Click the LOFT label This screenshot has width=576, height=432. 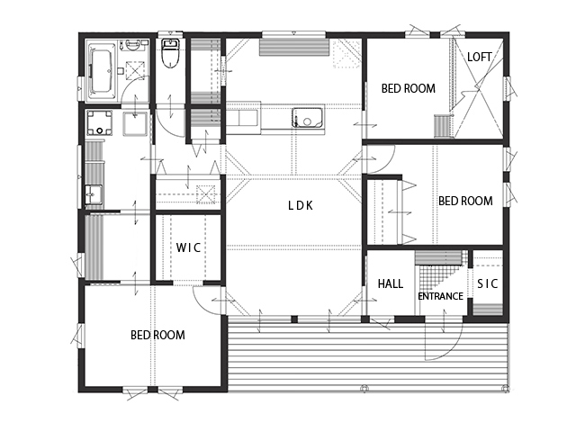pos(480,57)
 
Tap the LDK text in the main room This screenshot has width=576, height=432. pos(301,206)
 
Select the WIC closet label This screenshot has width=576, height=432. pos(188,247)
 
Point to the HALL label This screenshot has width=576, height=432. pos(391,283)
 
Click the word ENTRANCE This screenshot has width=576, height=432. pos(440,296)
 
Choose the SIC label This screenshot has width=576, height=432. pos(488,283)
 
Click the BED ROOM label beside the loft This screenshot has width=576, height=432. pos(408,88)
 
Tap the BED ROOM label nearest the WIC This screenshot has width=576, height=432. pos(158,335)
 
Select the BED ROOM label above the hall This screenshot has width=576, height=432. pos(465,201)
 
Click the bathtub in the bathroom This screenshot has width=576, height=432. pos(102,71)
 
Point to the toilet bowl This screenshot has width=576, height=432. pos(170,54)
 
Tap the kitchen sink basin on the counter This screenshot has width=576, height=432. pos(308,118)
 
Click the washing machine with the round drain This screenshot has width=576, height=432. pos(99,122)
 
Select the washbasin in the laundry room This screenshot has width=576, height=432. pos(94,194)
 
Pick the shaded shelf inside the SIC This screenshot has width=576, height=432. pos(488,309)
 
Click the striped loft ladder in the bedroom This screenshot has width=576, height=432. pos(442,126)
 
